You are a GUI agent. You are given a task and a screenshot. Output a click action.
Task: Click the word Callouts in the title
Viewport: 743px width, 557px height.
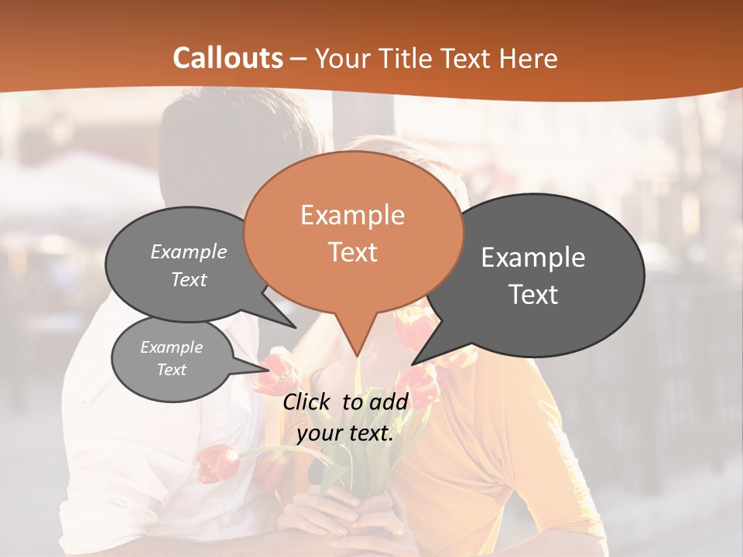(228, 58)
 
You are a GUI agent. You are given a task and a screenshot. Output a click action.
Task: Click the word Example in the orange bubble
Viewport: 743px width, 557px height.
(352, 215)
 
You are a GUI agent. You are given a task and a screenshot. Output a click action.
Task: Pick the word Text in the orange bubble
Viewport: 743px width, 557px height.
(352, 252)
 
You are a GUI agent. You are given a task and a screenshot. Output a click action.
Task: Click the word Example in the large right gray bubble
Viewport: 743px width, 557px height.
(533, 258)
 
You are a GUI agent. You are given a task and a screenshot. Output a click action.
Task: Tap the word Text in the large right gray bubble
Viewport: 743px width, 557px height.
(533, 295)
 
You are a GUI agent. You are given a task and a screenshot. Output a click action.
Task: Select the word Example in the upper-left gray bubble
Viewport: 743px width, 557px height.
(188, 252)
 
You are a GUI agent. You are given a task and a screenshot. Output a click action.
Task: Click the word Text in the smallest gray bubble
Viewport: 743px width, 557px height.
(171, 370)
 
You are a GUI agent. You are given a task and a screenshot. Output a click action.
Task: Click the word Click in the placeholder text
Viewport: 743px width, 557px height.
(307, 402)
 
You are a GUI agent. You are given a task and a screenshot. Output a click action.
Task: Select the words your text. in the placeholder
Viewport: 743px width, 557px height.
(345, 433)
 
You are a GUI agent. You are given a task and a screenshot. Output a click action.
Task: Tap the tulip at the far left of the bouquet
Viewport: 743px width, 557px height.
(217, 463)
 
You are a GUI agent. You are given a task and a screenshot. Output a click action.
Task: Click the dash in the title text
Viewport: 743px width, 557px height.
(300, 59)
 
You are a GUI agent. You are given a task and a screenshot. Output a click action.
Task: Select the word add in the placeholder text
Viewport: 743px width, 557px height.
(389, 402)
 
